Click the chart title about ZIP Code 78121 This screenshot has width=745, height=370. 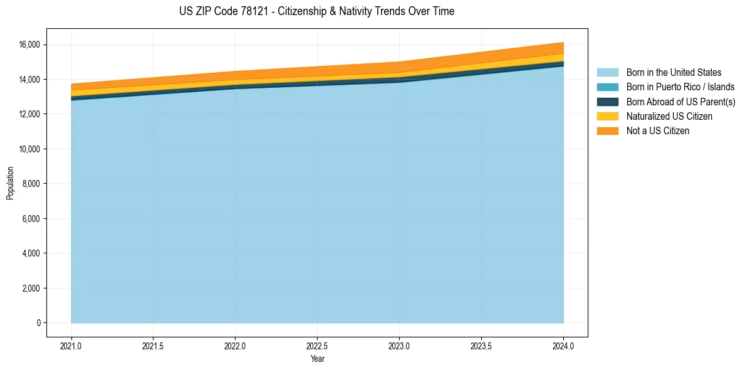316,11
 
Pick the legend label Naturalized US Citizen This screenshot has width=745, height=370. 669,117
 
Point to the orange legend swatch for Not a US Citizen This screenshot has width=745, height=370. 607,131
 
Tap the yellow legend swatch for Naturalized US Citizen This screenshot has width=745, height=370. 607,117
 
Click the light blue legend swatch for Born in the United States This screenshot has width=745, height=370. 607,73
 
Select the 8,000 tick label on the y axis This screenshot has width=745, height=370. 33,184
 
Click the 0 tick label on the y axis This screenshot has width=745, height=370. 39,323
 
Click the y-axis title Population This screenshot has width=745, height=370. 10,183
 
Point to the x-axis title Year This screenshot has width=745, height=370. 317,359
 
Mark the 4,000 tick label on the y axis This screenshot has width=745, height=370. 33,253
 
